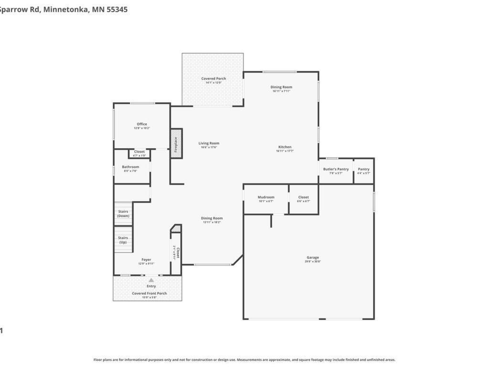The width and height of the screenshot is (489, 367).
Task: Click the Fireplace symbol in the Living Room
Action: coord(176,143)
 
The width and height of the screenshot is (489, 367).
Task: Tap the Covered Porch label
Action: coord(213,79)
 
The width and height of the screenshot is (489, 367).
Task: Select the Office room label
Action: coord(142,124)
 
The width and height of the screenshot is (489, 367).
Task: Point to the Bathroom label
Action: coord(130,167)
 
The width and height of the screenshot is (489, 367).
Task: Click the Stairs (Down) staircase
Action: coord(123,213)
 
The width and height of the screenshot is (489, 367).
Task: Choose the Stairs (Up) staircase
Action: coord(123,240)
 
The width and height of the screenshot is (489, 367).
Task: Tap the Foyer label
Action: coord(146,260)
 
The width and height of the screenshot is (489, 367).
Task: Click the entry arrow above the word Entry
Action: coord(151,281)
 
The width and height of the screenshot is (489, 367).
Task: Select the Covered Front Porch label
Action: coord(149,293)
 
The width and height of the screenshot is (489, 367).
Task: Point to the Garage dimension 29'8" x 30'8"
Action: coord(313,262)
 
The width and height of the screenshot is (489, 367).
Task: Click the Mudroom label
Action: coord(266,197)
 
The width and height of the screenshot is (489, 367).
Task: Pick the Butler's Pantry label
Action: coord(336,169)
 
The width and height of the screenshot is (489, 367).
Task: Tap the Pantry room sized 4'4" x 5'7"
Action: coord(363,171)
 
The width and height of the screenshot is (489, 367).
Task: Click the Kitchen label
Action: coord(285,147)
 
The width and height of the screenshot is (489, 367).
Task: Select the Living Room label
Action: coord(209,143)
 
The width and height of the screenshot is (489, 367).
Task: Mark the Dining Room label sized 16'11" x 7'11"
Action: coord(281,87)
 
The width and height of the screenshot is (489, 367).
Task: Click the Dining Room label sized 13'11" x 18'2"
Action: coord(212,218)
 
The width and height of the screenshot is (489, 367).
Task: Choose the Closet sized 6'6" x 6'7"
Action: coord(303,199)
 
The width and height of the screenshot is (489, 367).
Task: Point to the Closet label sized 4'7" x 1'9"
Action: coord(139,152)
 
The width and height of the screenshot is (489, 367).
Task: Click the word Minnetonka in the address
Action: coord(65,9)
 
